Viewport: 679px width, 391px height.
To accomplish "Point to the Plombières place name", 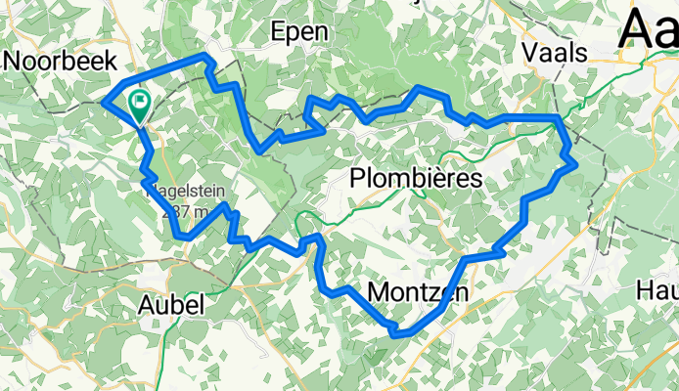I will coord(417,180).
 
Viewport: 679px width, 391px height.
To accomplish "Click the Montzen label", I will coord(418,292).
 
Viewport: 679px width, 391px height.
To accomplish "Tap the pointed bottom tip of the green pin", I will coord(140,123).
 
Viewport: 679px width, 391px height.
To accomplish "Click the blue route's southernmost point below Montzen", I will coord(395,334).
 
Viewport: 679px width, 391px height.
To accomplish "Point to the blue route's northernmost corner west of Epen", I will coord(206,59).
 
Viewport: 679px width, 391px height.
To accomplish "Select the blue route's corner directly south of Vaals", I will coord(558,118).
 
